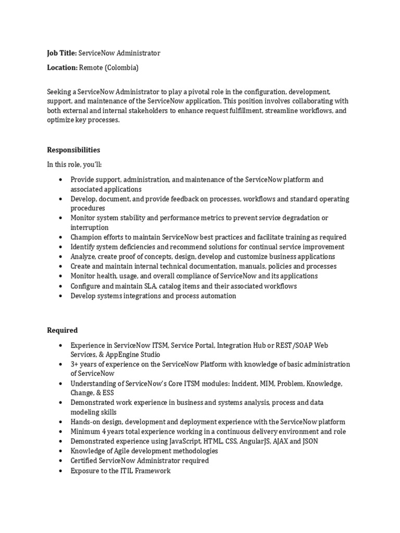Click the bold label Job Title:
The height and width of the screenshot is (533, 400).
(x=62, y=53)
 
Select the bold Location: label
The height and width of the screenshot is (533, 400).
(x=63, y=68)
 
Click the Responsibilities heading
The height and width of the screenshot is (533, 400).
(x=73, y=150)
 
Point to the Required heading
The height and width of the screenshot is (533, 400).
(x=63, y=330)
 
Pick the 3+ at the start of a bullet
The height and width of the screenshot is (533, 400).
(x=75, y=364)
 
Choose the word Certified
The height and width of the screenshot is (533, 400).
(x=85, y=461)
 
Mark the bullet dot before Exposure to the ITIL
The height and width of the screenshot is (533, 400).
(x=61, y=471)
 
